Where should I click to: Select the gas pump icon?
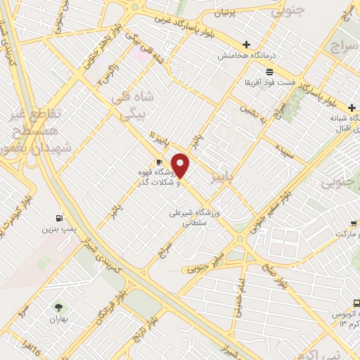[x=58, y=217]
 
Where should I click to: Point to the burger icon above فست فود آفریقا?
[x=269, y=71]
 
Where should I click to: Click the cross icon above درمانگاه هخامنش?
[x=245, y=44]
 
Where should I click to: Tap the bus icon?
[x=356, y=302]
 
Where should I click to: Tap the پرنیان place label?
[x=235, y=13]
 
